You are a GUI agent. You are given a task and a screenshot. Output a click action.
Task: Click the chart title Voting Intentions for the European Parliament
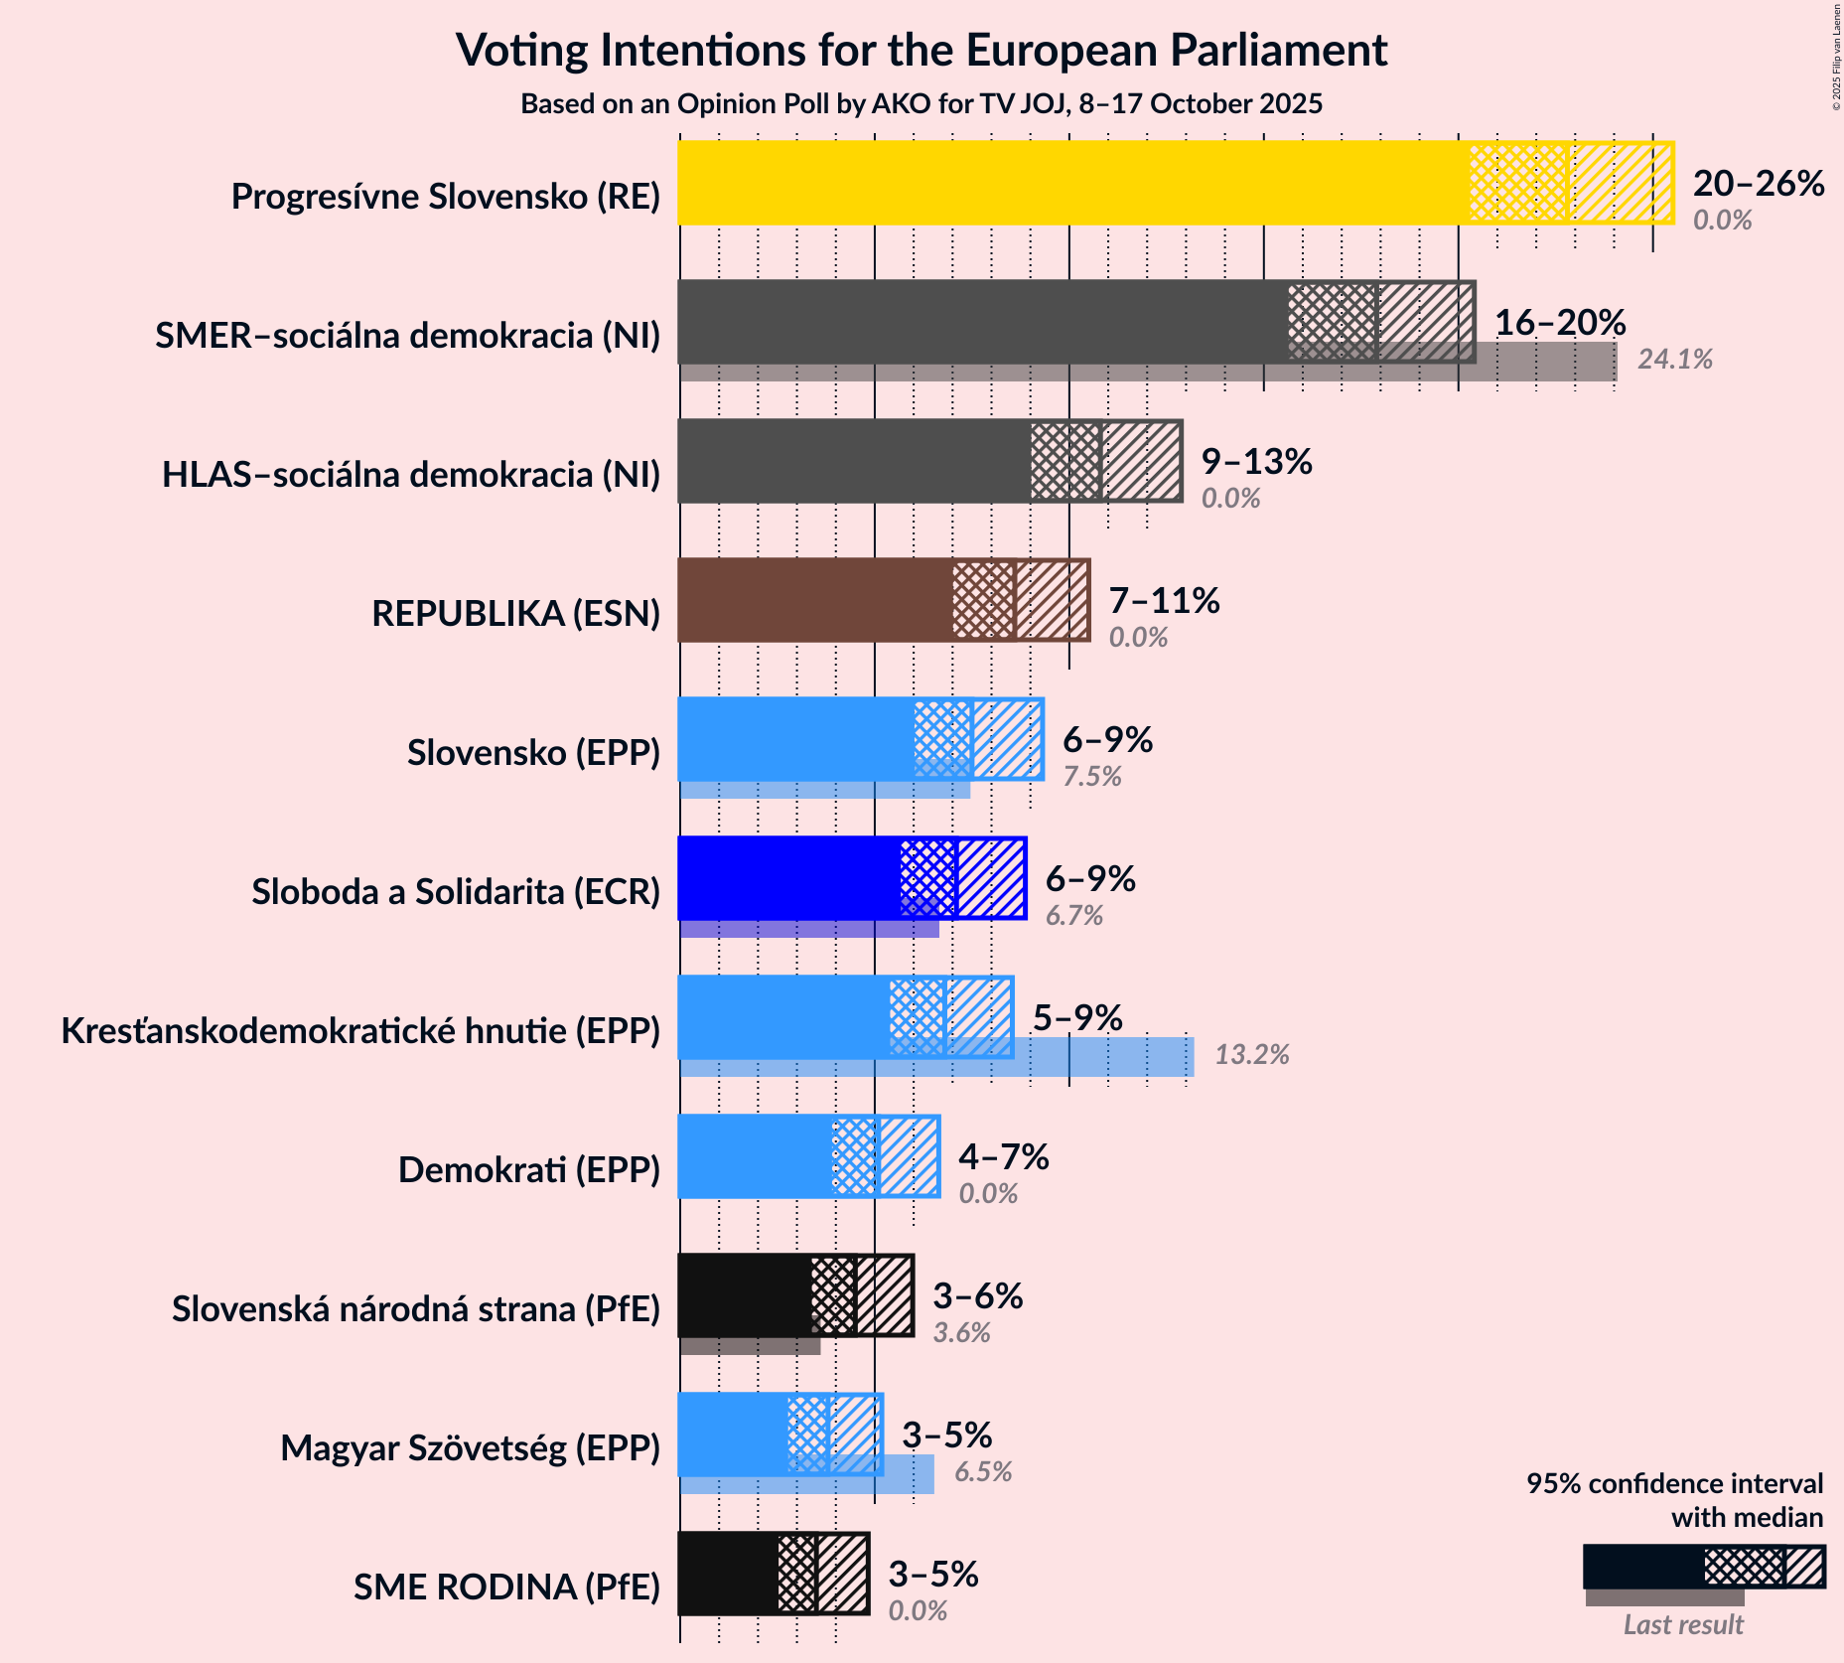(x=921, y=51)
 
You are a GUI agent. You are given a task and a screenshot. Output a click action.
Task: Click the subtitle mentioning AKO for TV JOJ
(x=921, y=104)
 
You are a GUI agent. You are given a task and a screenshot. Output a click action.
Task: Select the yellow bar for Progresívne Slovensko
(x=1072, y=183)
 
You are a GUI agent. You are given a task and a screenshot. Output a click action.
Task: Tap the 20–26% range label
(x=1758, y=184)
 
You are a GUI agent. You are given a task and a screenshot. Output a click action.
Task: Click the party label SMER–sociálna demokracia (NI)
(x=407, y=336)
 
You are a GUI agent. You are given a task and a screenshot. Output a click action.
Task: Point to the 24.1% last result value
(x=1674, y=360)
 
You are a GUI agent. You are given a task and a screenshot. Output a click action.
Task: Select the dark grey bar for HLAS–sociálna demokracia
(x=854, y=461)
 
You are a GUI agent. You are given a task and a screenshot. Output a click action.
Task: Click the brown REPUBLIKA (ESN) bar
(x=814, y=600)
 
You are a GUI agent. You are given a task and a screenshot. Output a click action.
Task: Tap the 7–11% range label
(x=1163, y=601)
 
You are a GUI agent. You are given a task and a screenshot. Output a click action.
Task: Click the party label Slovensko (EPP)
(x=533, y=753)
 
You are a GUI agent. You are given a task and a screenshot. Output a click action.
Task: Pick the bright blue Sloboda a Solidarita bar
(x=789, y=878)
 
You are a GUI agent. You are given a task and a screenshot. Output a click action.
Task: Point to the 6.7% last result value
(x=1073, y=916)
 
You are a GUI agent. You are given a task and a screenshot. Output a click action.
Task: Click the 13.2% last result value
(x=1251, y=1055)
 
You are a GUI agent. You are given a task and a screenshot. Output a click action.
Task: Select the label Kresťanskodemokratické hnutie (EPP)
(x=360, y=1031)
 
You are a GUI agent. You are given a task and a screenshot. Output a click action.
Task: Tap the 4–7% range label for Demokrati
(x=1003, y=1157)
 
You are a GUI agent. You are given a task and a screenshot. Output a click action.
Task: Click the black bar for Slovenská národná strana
(x=745, y=1295)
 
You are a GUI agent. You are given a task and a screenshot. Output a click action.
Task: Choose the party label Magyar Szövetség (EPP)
(x=470, y=1448)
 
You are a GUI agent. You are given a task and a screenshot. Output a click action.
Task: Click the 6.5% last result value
(x=982, y=1472)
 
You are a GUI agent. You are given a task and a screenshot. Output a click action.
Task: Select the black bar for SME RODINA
(x=728, y=1574)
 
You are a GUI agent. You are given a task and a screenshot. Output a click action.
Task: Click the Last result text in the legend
(x=1682, y=1625)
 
